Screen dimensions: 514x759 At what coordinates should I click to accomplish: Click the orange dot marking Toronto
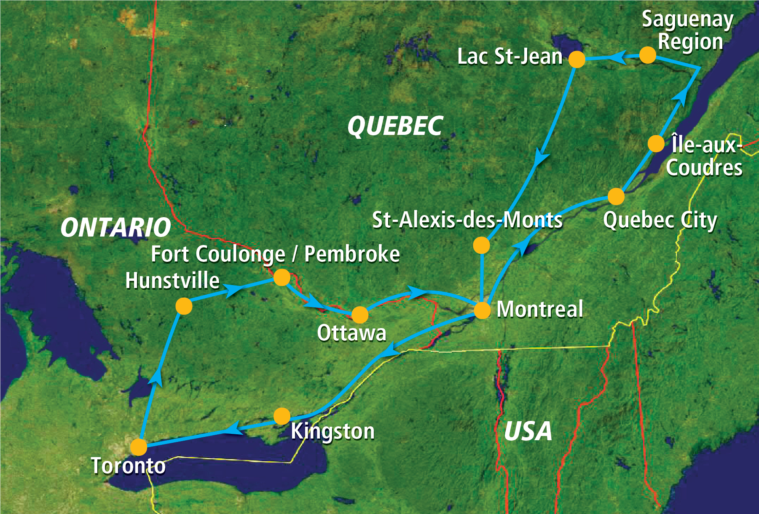tap(139, 447)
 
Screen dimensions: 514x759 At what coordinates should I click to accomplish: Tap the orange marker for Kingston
tap(282, 416)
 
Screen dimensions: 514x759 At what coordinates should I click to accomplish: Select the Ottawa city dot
tap(359, 315)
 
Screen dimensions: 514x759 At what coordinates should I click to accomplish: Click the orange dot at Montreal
tap(482, 311)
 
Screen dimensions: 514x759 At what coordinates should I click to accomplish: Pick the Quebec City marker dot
tap(616, 196)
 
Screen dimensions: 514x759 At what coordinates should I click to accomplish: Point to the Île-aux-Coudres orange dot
tap(656, 144)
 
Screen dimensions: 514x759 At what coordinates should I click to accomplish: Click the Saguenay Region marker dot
tap(647, 55)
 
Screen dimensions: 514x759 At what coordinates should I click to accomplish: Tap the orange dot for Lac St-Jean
tap(577, 59)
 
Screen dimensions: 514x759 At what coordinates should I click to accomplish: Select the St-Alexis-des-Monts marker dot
tap(481, 245)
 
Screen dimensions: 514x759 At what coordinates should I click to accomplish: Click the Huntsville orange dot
tap(184, 306)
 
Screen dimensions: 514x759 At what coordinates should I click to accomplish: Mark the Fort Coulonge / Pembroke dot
tap(282, 277)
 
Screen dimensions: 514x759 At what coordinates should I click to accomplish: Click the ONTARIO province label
tap(115, 228)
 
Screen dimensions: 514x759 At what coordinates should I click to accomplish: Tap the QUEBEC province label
tap(395, 126)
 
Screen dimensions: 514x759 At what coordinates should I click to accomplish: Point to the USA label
tap(528, 431)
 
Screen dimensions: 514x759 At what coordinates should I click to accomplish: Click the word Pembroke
tap(352, 254)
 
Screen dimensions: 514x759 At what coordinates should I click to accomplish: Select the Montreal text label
tap(540, 309)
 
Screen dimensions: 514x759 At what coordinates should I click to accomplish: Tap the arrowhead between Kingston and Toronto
tap(233, 429)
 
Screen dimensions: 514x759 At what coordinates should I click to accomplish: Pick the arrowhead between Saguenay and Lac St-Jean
tap(617, 57)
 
